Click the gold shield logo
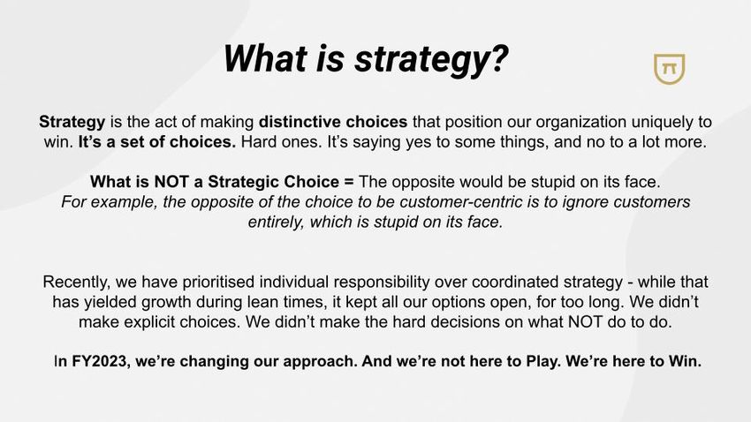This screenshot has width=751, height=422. (669, 68)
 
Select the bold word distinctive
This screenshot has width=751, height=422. (300, 122)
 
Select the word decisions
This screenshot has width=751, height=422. (469, 322)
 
